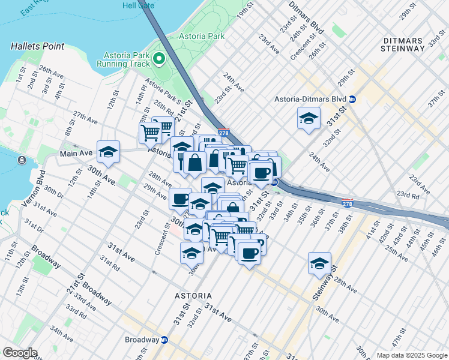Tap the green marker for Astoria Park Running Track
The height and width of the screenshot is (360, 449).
[159, 58]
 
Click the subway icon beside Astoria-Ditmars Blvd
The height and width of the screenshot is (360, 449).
[353, 99]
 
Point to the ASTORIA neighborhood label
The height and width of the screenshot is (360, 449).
[193, 296]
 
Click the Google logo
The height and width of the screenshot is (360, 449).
[20, 353]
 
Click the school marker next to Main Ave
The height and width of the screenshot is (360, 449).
[108, 152]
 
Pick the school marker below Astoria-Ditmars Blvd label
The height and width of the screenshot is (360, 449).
[308, 118]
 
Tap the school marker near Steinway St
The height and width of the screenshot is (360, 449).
[319, 263]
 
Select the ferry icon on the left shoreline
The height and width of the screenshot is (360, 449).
[22, 160]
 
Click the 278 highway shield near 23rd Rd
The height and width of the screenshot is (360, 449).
[347, 202]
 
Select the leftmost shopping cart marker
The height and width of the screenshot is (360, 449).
[150, 132]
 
